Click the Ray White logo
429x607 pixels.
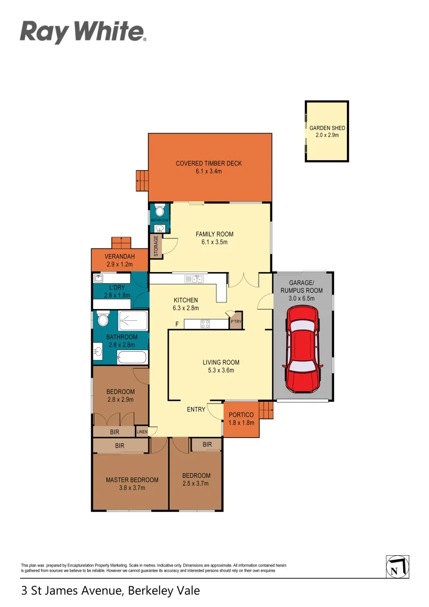83,32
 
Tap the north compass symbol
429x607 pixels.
398,567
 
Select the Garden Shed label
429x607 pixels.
327,132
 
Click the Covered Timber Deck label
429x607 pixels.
209,167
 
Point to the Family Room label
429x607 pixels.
214,238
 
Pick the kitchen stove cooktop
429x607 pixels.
205,323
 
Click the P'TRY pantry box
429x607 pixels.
235,321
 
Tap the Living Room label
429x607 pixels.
221,366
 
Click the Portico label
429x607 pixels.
241,418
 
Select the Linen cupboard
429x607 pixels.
143,432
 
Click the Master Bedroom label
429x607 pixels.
132,483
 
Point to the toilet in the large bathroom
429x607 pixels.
103,320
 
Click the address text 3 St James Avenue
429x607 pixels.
110,591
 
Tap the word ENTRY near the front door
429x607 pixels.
196,410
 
